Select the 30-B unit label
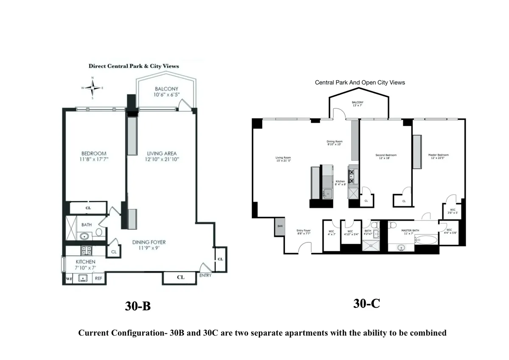(138, 306)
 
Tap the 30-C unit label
(366, 303)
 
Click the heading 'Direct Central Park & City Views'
(134, 66)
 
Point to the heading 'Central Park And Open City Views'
(360, 82)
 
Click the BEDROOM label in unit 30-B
(94, 153)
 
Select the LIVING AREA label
(162, 153)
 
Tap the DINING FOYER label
(149, 242)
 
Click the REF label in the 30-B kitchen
(98, 278)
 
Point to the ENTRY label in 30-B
(205, 276)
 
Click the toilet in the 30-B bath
(99, 232)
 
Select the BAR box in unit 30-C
(280, 227)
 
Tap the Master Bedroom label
(438, 155)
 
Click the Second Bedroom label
(386, 155)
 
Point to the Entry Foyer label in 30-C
(304, 231)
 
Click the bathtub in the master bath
(426, 240)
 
